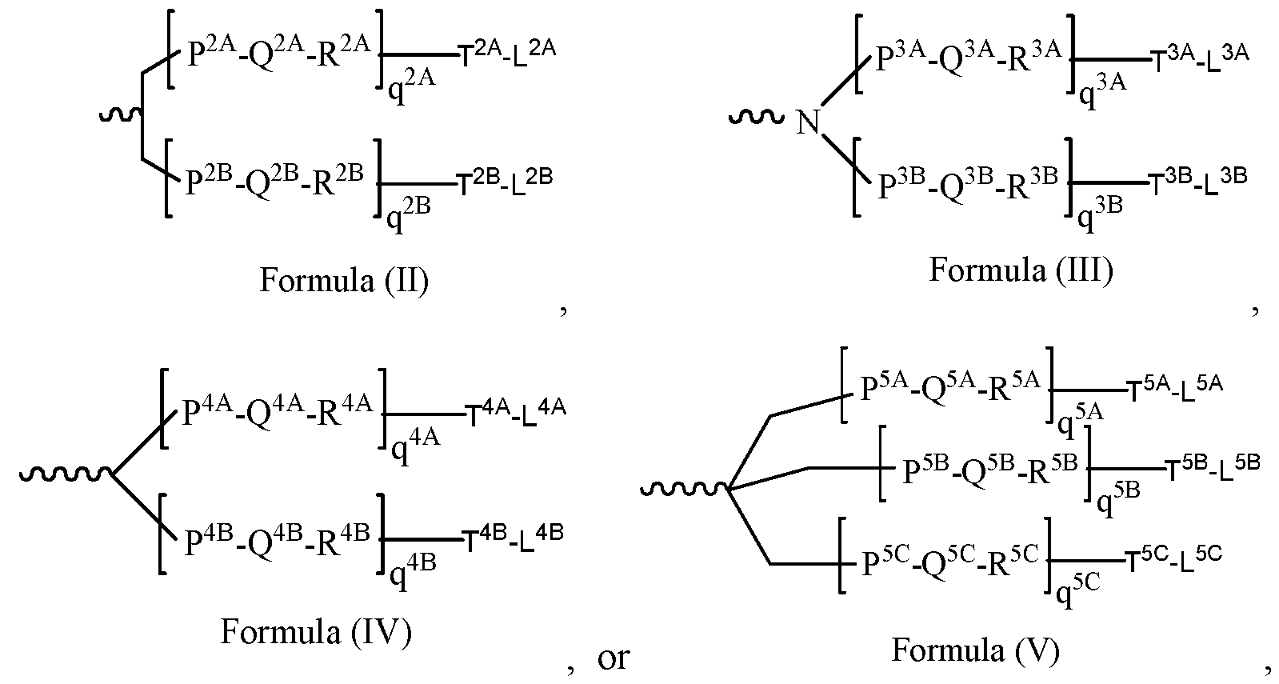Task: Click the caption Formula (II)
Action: click(x=344, y=281)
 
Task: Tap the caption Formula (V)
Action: click(x=975, y=650)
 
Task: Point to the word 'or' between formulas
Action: click(x=614, y=658)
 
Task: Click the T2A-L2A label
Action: click(x=506, y=53)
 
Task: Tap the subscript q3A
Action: click(x=1103, y=86)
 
